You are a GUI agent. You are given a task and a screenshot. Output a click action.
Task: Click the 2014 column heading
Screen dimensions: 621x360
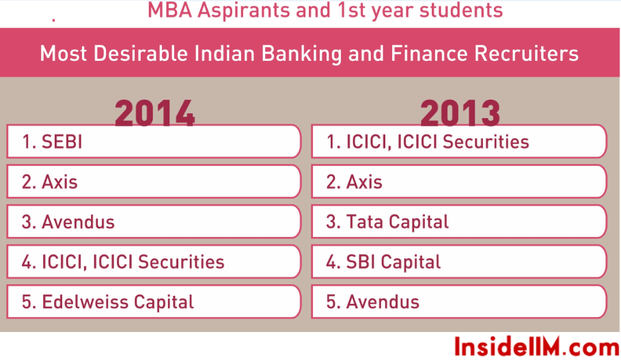tap(154, 113)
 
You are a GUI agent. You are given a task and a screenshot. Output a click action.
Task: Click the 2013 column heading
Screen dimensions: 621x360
tap(460, 113)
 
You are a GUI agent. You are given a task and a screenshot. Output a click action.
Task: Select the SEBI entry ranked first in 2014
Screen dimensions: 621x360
tap(53, 142)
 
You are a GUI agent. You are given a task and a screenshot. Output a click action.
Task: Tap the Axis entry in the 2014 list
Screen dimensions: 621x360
tap(49, 182)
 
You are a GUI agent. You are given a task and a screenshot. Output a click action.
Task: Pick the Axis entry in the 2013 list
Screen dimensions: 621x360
tap(354, 182)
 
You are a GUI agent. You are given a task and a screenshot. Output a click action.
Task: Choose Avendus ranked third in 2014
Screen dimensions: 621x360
tap(68, 222)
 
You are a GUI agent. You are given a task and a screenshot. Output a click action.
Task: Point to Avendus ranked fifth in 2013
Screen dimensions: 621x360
tap(373, 302)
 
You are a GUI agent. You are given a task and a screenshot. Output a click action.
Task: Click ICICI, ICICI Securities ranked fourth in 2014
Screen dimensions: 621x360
tap(123, 262)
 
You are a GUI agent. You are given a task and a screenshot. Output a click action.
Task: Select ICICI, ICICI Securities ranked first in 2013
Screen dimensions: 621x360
tap(428, 142)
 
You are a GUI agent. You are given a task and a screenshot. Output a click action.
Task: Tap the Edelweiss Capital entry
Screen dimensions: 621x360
tap(108, 302)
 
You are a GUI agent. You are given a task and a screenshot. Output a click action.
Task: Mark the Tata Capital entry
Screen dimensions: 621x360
tap(387, 222)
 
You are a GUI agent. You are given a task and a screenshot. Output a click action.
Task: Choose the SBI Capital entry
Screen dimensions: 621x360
tap(383, 262)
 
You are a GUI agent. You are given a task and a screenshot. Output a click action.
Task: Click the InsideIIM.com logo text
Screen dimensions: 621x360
tap(537, 347)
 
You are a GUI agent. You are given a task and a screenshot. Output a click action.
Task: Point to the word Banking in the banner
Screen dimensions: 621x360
tap(302, 53)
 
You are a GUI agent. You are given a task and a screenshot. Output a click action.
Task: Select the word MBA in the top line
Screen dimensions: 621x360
tap(169, 10)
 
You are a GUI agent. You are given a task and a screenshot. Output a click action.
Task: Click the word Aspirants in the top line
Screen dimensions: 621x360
tap(244, 11)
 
